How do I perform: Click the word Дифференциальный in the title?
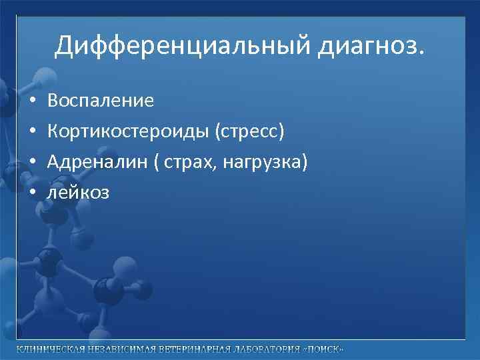pos(176,45)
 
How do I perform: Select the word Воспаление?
pos(101,101)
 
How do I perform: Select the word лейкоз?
pos(78,193)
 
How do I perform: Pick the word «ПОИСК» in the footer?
pos(325,350)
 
